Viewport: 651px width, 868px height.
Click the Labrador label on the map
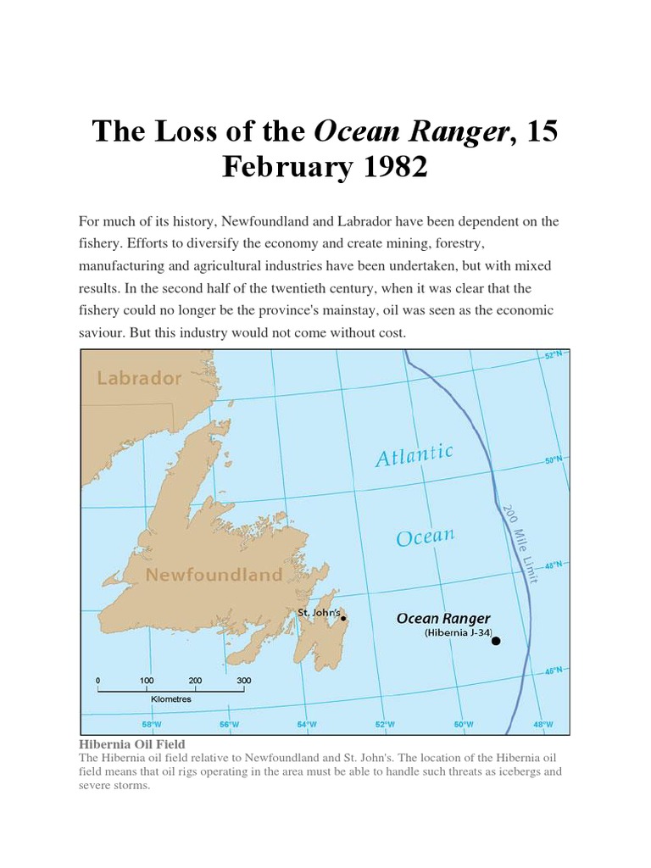[x=138, y=378]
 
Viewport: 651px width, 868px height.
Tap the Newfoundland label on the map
[x=214, y=575]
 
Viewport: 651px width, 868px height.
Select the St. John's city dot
[x=343, y=618]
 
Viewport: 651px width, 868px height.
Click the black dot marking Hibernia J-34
[x=496, y=641]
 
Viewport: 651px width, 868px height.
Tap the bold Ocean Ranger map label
[x=443, y=619]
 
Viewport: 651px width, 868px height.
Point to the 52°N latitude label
[x=553, y=356]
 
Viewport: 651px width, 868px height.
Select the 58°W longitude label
[x=152, y=725]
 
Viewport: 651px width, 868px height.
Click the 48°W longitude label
[x=543, y=725]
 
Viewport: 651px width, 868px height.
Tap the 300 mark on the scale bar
[x=244, y=681]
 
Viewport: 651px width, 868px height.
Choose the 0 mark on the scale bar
[x=98, y=681]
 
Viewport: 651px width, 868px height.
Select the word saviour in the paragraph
[x=105, y=333]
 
